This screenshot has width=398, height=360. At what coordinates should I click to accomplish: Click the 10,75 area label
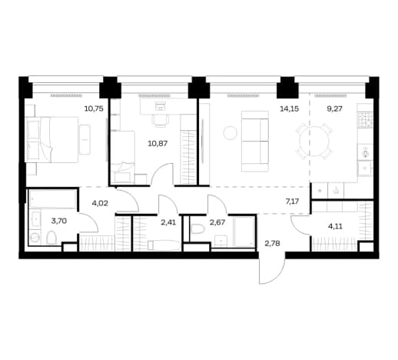pos(94,108)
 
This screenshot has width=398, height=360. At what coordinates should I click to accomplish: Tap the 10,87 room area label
pos(158,143)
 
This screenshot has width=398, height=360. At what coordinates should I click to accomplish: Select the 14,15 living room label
pos(289,108)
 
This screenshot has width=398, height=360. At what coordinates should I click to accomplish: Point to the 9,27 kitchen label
pos(334,108)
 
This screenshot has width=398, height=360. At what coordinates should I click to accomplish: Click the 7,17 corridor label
pos(292,202)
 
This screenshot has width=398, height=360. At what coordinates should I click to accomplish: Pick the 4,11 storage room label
pos(335,226)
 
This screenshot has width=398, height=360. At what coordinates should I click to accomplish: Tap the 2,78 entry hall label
pos(272,243)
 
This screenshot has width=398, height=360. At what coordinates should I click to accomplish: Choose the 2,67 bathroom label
pos(217,222)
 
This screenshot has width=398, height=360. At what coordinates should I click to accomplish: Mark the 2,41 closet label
pos(168,222)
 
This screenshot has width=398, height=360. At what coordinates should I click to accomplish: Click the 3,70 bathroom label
pos(59,221)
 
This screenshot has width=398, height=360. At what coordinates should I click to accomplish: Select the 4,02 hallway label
pos(100,203)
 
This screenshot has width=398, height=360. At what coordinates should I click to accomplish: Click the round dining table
pos(315,141)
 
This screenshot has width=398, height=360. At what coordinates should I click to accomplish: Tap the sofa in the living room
pos(255,142)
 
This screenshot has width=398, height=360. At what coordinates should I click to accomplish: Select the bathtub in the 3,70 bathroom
pos(53,199)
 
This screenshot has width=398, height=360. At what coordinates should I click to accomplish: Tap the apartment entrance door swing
pos(271,271)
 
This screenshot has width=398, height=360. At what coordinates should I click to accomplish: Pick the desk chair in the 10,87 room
pos(161,120)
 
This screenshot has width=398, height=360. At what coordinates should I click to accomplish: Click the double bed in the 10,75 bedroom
pos(52,140)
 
